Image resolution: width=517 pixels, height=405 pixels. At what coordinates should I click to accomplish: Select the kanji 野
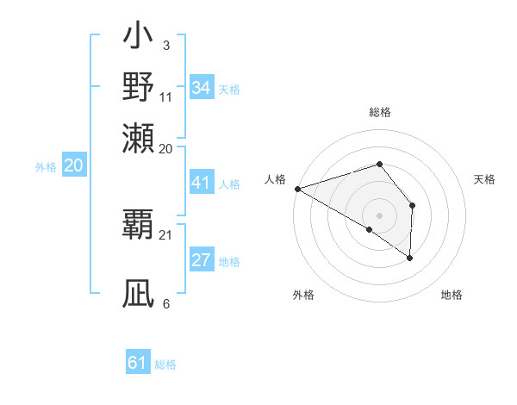point(139,86)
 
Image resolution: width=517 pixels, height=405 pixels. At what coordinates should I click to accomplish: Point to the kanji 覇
point(139,221)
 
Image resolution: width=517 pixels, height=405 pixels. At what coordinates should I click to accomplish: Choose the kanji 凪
point(139,293)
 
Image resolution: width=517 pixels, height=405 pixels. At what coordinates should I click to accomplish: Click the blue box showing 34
point(202,88)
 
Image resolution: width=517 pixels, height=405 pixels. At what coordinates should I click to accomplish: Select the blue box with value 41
point(202,183)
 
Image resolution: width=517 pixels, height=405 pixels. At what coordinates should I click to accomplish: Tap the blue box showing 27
point(202,260)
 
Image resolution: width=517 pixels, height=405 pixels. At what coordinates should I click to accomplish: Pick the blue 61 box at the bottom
point(138,363)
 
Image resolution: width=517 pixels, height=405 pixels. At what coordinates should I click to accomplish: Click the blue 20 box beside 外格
point(73,166)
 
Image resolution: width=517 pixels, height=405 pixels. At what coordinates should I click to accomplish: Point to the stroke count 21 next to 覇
point(165,234)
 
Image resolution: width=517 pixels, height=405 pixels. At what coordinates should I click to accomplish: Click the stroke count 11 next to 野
point(165,98)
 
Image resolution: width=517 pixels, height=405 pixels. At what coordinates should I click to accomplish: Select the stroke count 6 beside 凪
point(165,303)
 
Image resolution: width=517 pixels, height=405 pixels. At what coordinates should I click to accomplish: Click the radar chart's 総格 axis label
point(380,112)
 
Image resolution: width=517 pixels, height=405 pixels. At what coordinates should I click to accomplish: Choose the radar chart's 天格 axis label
point(485,179)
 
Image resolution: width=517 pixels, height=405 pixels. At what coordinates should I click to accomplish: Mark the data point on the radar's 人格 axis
point(297,189)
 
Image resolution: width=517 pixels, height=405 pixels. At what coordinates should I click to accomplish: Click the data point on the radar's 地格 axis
point(410,258)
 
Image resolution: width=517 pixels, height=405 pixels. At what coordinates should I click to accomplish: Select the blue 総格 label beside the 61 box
point(165,364)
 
